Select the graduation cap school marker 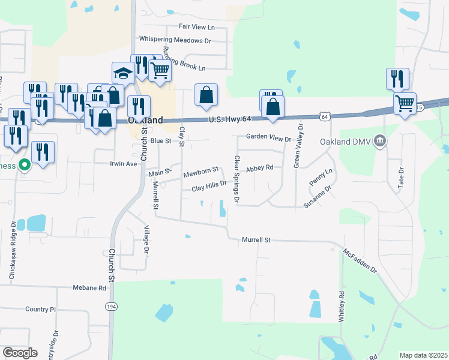pyautogui.click(x=124, y=74)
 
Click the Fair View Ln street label pyautogui.click(x=197, y=27)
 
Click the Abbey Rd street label pyautogui.click(x=259, y=168)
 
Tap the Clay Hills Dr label pyautogui.click(x=209, y=188)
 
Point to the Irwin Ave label pyautogui.click(x=124, y=163)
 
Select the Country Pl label pyautogui.click(x=40, y=310)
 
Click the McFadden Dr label pyautogui.click(x=360, y=262)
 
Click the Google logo pyautogui.click(x=20, y=352)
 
